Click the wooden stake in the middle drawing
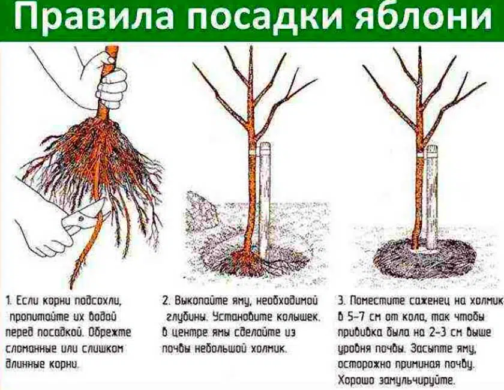(264, 199)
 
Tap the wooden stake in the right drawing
(431, 197)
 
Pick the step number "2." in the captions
(166, 301)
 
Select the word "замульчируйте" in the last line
(417, 380)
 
